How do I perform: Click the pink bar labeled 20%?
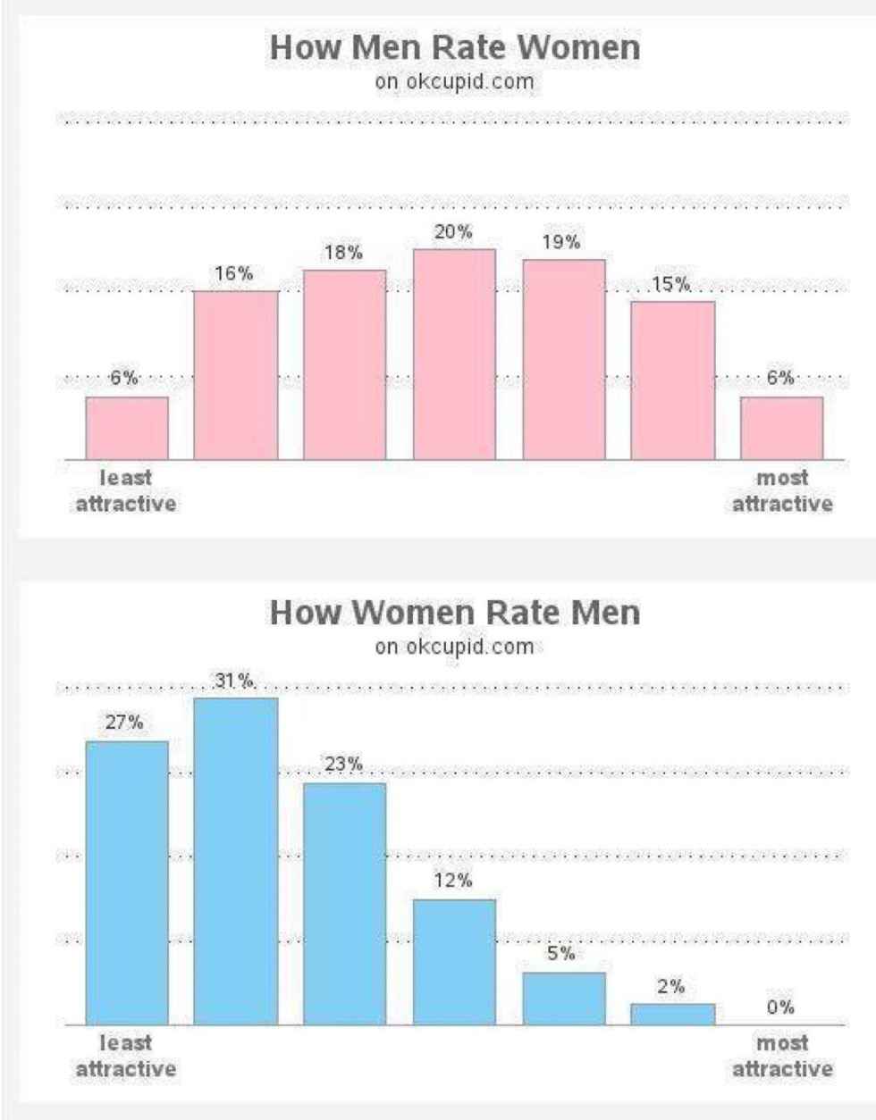pyautogui.click(x=454, y=355)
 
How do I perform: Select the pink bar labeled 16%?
pyautogui.click(x=236, y=375)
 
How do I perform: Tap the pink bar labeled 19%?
pyautogui.click(x=563, y=360)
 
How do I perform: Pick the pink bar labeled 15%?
pyautogui.click(x=672, y=380)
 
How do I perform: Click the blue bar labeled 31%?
pyautogui.click(x=236, y=861)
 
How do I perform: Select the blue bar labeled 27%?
pyautogui.click(x=127, y=882)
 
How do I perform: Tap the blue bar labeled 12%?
pyautogui.click(x=454, y=962)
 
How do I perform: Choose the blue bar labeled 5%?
pyautogui.click(x=563, y=999)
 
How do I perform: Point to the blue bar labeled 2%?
pyautogui.click(x=672, y=1014)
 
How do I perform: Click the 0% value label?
pyautogui.click(x=780, y=1007)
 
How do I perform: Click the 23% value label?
pyautogui.click(x=343, y=764)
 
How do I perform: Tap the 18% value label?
pyautogui.click(x=343, y=253)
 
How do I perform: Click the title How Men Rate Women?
pyautogui.click(x=455, y=47)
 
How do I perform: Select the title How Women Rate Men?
pyautogui.click(x=455, y=613)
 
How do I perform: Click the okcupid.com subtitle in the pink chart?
pyautogui.click(x=455, y=82)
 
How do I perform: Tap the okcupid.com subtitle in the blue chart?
pyautogui.click(x=455, y=647)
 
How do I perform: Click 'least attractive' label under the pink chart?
pyautogui.click(x=126, y=491)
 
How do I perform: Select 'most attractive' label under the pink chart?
pyautogui.click(x=782, y=491)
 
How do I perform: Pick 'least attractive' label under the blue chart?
pyautogui.click(x=126, y=1056)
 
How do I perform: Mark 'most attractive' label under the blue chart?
pyautogui.click(x=782, y=1056)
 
